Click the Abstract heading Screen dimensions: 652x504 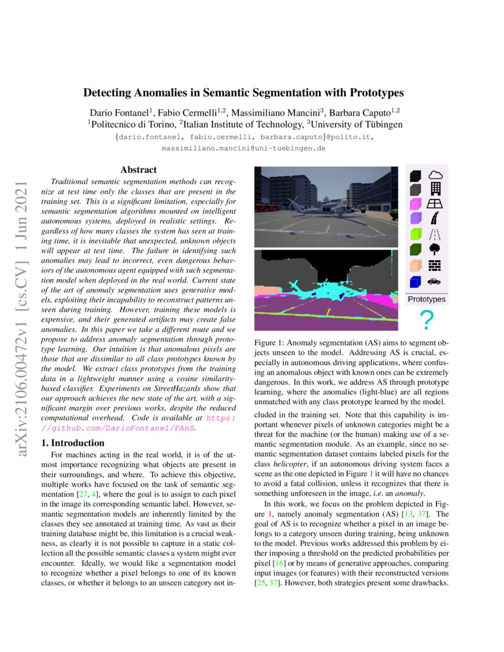pos(138,170)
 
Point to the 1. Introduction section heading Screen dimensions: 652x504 pos(75,443)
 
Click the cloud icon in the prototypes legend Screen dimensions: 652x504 pos(436,175)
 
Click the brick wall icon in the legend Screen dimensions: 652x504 pos(435,265)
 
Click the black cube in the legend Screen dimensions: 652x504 pos(416,175)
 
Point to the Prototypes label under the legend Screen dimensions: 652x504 pos(426,299)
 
